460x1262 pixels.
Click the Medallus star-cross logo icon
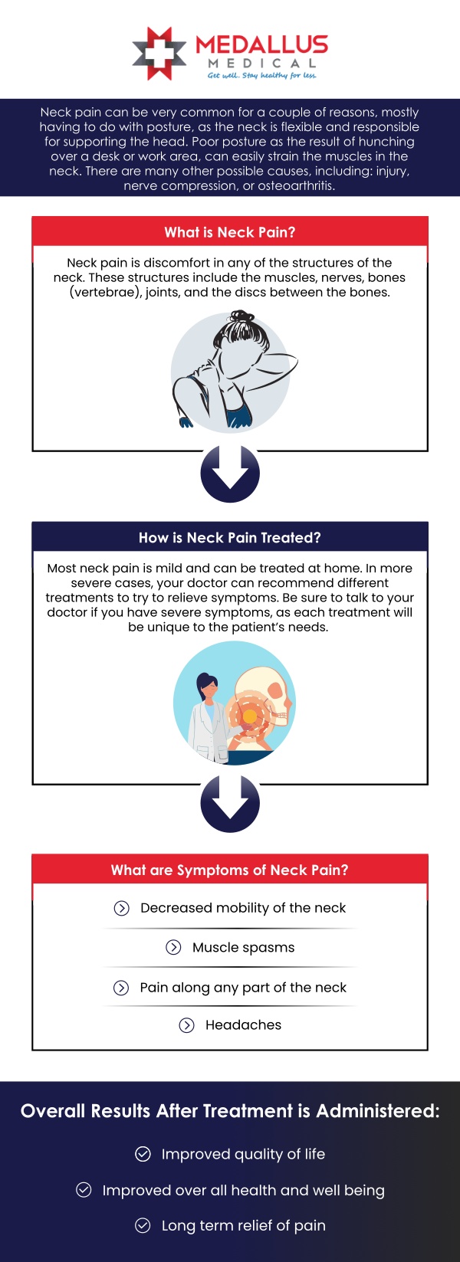(x=159, y=54)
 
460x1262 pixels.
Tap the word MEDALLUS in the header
(x=261, y=44)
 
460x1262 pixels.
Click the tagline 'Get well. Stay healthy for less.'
(x=261, y=75)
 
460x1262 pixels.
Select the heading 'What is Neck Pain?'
(x=229, y=232)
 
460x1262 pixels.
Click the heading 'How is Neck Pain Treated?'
(x=229, y=538)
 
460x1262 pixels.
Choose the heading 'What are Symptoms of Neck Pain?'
(x=229, y=870)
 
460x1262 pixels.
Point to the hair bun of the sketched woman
(x=242, y=317)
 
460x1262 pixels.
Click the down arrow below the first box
(x=230, y=473)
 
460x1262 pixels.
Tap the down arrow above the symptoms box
(x=230, y=803)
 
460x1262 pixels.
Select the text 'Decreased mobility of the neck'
(x=243, y=908)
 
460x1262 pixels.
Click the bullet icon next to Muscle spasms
(x=174, y=948)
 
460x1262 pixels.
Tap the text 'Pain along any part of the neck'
(x=243, y=988)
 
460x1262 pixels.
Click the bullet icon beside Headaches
(x=186, y=1025)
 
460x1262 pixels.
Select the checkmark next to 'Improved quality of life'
(x=143, y=1154)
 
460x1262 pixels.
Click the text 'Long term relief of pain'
(x=243, y=1225)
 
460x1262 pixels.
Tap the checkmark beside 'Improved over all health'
(x=84, y=1190)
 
